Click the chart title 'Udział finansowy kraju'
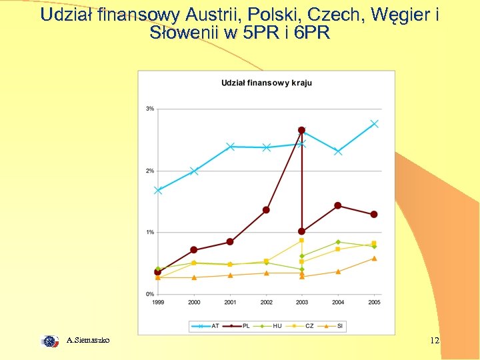pyautogui.click(x=267, y=83)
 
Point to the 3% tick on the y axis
pyautogui.click(x=150, y=109)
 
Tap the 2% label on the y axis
pyautogui.click(x=150, y=171)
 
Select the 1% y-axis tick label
pyautogui.click(x=150, y=232)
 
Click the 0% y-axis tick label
pyautogui.click(x=150, y=294)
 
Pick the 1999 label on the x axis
pyautogui.click(x=158, y=303)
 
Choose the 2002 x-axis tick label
pyautogui.click(x=266, y=303)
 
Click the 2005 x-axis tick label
pyautogui.click(x=374, y=303)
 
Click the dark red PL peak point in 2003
pyautogui.click(x=301, y=130)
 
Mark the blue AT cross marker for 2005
pyautogui.click(x=374, y=123)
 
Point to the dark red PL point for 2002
pyautogui.click(x=266, y=210)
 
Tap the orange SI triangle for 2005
pyautogui.click(x=374, y=258)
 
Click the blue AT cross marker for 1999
pyautogui.click(x=158, y=190)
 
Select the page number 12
pyautogui.click(x=434, y=341)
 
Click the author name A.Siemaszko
pyautogui.click(x=88, y=341)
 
